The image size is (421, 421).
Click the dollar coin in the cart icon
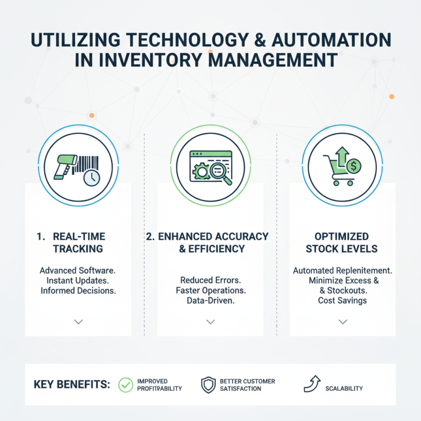coord(354,167)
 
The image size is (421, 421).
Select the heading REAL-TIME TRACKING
coord(78,243)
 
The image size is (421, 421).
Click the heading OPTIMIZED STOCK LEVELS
coord(343,243)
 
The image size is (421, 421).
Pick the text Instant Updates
coord(78,280)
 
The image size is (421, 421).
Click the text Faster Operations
coord(210,290)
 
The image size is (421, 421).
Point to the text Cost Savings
coord(343,300)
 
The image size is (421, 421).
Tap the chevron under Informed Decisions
coord(78,321)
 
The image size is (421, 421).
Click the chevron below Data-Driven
coord(210,321)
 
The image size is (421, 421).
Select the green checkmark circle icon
coord(126,385)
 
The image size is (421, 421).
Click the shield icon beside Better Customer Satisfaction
coord(208,385)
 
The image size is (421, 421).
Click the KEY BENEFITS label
coord(72,385)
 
